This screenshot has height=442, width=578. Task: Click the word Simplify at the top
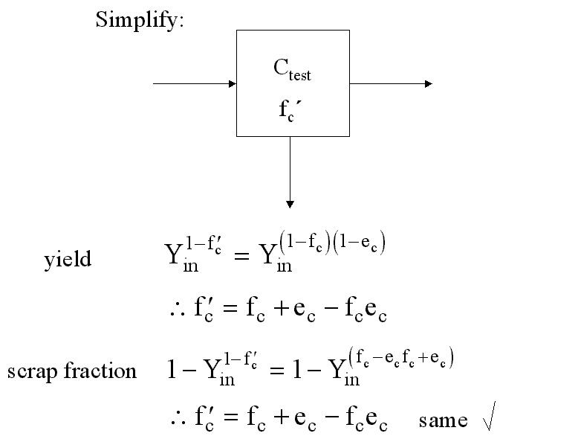[x=140, y=20]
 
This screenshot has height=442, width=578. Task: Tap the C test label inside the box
[x=292, y=70]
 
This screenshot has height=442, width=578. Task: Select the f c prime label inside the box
[x=290, y=110]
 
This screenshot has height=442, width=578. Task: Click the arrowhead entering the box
[x=233, y=84]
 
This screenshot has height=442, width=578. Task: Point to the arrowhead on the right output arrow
[x=429, y=84]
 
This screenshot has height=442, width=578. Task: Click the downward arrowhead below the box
[x=290, y=204]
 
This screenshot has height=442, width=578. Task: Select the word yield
[x=68, y=259]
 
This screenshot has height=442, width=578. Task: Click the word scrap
[x=33, y=372]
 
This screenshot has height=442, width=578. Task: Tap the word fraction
[x=100, y=370]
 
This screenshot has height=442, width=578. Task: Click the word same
[x=443, y=421]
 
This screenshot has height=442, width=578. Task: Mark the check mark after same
[x=489, y=416]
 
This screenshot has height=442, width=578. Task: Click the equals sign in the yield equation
[x=241, y=255]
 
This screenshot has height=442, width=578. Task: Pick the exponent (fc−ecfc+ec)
[x=401, y=358]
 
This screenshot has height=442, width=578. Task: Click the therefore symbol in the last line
[x=178, y=419]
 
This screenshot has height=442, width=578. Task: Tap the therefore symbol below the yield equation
[x=178, y=310]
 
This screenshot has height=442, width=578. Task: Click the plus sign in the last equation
[x=282, y=417]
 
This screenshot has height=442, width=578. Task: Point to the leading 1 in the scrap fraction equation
[x=172, y=369]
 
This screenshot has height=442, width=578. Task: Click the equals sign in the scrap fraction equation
[x=277, y=370]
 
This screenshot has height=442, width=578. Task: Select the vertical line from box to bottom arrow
[x=290, y=169]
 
